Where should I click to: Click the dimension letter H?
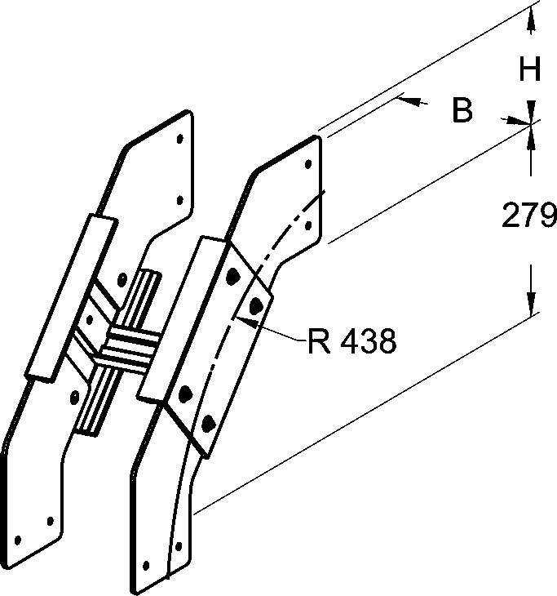(x=531, y=71)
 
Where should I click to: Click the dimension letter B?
(x=462, y=111)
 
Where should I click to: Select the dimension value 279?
(x=529, y=216)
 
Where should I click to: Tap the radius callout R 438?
(x=351, y=342)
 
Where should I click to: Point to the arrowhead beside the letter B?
(x=411, y=100)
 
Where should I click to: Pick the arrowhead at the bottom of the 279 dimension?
(x=531, y=307)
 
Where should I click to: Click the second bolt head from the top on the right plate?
(x=257, y=305)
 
